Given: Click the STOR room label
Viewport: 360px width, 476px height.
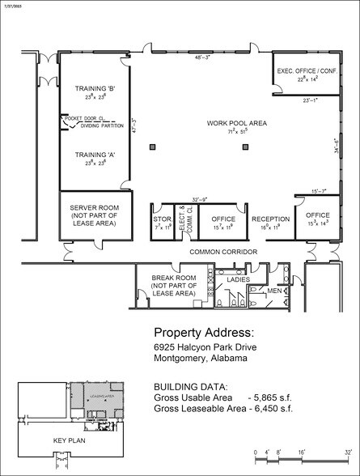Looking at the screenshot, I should coord(162,219).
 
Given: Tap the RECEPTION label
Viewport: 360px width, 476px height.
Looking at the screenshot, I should coord(270,219).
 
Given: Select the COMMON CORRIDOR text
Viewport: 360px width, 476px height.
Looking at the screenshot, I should coord(223,252).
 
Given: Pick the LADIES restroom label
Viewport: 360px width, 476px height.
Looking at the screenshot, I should coord(238,279).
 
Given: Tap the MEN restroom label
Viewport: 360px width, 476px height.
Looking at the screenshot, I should coord(275,291).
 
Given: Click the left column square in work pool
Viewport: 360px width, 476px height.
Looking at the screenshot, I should coord(151,147).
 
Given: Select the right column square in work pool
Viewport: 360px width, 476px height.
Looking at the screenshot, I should coord(244,147).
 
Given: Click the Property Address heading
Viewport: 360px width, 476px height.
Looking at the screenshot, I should coord(204,334).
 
